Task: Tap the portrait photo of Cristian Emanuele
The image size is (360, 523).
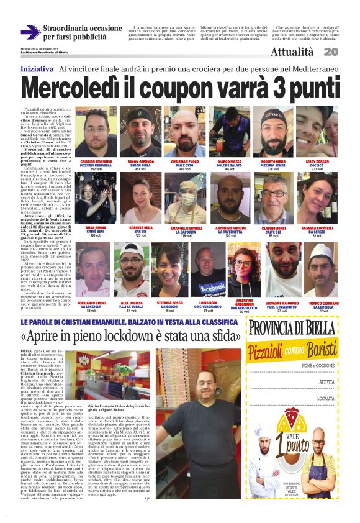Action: (x=96, y=133)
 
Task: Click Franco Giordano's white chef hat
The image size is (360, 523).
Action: (x=318, y=250)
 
